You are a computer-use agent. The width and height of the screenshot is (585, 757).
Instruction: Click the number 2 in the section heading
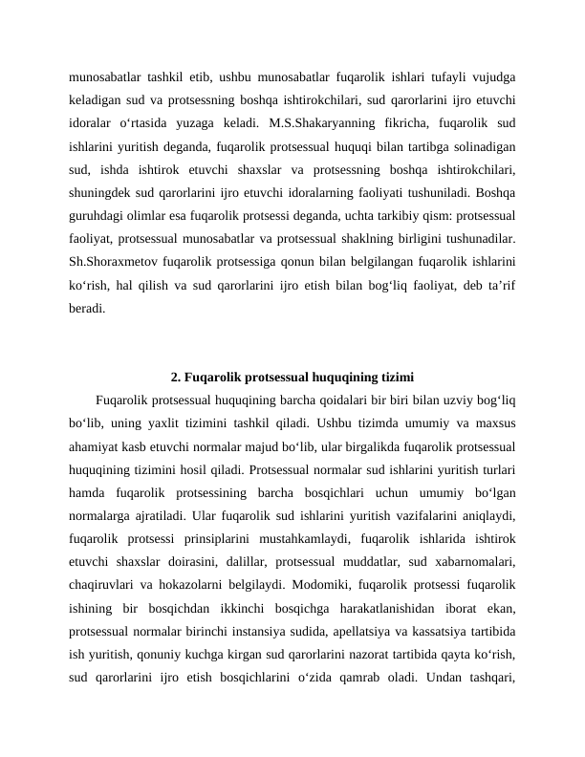coord(175,376)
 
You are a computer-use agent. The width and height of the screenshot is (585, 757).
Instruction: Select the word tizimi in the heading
coord(393,376)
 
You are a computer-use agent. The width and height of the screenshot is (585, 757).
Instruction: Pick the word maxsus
coord(495,422)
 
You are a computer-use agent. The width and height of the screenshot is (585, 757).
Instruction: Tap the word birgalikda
coord(384,445)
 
